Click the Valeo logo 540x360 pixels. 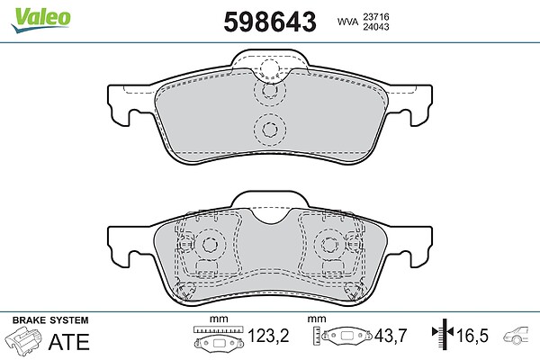pos(41,20)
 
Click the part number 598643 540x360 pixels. pos(270,22)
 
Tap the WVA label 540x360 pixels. pos(347,22)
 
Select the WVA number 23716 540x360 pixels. pos(376,16)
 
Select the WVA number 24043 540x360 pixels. pos(376,27)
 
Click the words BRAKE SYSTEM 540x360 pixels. pos(50,320)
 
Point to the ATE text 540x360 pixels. pos(69,342)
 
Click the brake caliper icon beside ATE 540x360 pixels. pos(23,339)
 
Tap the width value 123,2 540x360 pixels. pos(268,336)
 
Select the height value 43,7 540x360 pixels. pos(391,336)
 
